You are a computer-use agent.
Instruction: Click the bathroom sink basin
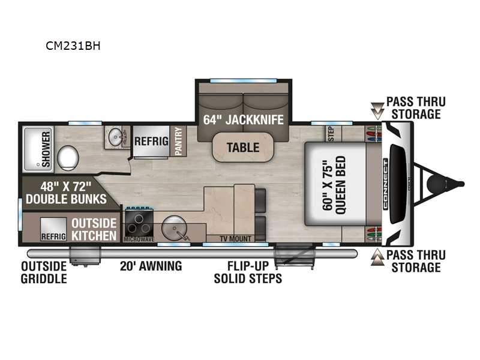pos(116,139)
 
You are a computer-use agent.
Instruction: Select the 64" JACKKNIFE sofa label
pos(243,119)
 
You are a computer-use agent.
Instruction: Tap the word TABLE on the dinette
pos(243,147)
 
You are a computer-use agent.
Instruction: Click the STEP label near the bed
pos(330,131)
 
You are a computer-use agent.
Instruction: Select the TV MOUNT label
pos(235,238)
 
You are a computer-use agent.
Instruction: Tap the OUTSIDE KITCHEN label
pos(94,229)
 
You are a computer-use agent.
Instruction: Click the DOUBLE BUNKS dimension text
pos(65,193)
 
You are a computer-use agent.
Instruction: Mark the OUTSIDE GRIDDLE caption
pos(44,272)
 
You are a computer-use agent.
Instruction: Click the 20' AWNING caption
pos(150,266)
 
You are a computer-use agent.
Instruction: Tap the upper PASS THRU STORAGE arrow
pos(377,109)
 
